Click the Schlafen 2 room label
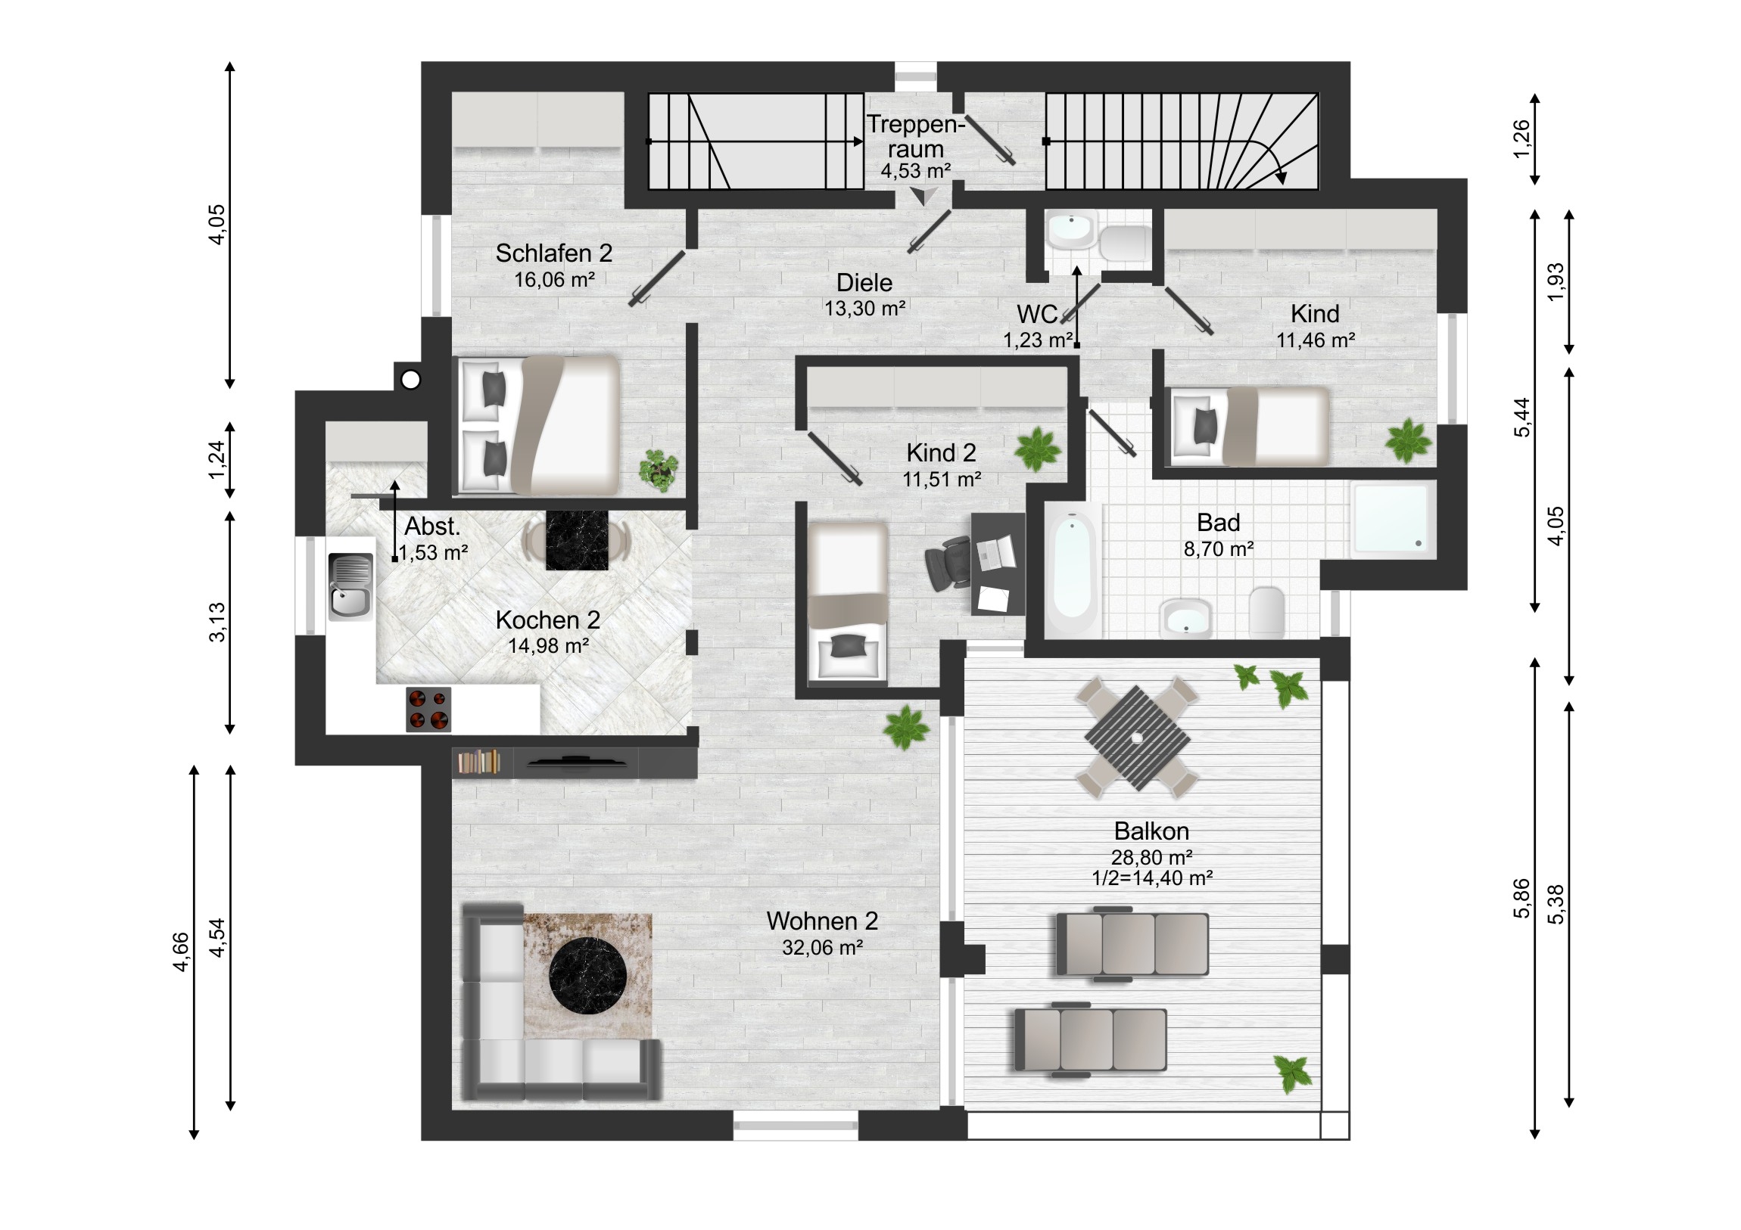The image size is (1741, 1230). point(553,253)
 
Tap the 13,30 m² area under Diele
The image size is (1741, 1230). point(864,309)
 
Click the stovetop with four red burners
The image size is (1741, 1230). point(428,710)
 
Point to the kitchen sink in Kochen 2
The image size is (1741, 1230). point(350,586)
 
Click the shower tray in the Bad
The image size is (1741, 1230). point(1392,519)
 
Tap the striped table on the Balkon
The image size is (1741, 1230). point(1137,738)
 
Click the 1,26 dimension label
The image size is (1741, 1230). point(1521,140)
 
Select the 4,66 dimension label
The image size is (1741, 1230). point(180,952)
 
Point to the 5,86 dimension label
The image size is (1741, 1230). point(1521,899)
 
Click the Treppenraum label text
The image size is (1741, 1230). point(915,136)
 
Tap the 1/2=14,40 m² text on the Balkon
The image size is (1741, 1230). point(1152,878)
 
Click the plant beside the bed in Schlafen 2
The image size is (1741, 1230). point(659,470)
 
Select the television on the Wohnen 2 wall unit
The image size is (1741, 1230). point(576,762)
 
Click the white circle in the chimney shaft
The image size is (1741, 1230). point(410,379)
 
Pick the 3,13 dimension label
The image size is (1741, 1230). point(216,623)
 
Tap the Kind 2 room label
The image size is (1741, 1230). point(941,453)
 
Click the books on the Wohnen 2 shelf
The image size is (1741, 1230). point(478,762)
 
